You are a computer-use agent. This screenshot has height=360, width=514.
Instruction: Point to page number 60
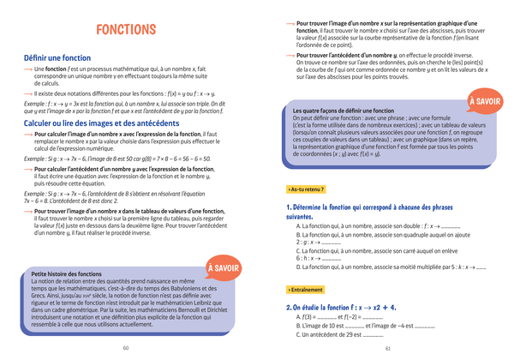126,348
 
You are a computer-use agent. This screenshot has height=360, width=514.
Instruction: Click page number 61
387,348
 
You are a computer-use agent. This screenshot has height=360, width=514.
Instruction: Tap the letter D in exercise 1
298,268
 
